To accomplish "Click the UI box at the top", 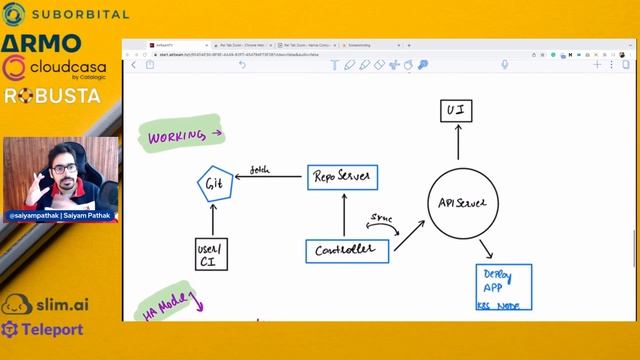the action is coord(456,110).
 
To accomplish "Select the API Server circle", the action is coord(461,203).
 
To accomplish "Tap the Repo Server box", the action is coord(341,178).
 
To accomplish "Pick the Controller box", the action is coord(346,250).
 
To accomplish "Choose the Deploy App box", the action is coord(503,287).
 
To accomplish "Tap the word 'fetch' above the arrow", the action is coord(260,169).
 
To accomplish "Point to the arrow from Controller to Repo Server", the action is coord(343,215).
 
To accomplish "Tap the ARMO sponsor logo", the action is coord(41,43).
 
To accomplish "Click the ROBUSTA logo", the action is coord(52,96).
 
